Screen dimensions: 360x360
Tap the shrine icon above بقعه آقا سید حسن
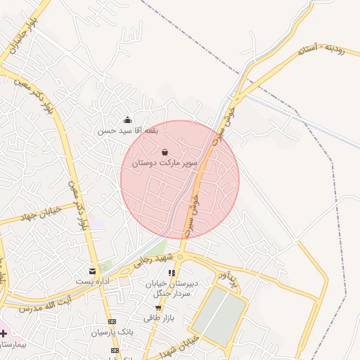pyautogui.click(x=127, y=120)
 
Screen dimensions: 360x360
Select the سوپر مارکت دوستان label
pyautogui.click(x=165, y=163)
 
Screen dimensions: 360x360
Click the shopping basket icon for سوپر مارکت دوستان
pyautogui.click(x=165, y=152)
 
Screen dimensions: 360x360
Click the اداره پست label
pyautogui.click(x=92, y=281)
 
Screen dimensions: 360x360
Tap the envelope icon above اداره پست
pyautogui.click(x=92, y=271)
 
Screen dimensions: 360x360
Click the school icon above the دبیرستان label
pyautogui.click(x=171, y=273)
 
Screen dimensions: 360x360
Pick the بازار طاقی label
pyautogui.click(x=159, y=319)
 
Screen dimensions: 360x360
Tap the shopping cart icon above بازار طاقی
pyautogui.click(x=159, y=308)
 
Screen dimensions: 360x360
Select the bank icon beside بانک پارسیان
pyautogui.click(x=112, y=321)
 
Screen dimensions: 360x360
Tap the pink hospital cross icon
pyautogui.click(x=5, y=332)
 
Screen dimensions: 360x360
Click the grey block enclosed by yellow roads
pyautogui.click(x=220, y=317)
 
